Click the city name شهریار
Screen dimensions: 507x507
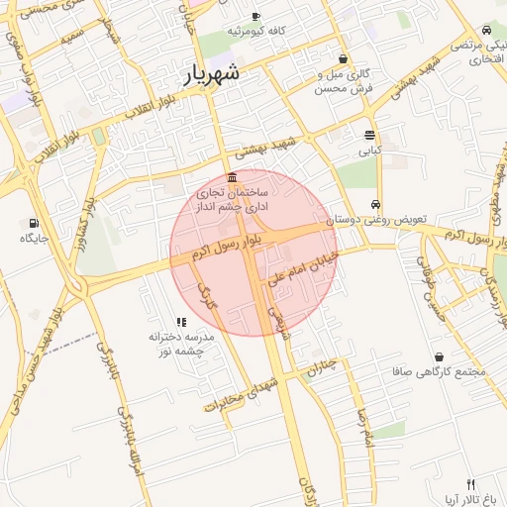(211, 73)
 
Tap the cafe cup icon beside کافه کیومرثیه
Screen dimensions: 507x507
(255, 17)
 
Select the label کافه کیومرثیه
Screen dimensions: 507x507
(256, 32)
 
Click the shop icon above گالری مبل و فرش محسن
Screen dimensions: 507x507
(343, 58)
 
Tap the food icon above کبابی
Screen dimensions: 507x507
(369, 136)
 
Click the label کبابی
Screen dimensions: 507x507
(369, 152)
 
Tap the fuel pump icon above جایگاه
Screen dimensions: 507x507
(35, 223)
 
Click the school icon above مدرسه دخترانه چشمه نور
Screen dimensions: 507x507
(181, 322)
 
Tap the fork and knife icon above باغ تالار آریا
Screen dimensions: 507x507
(471, 484)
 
